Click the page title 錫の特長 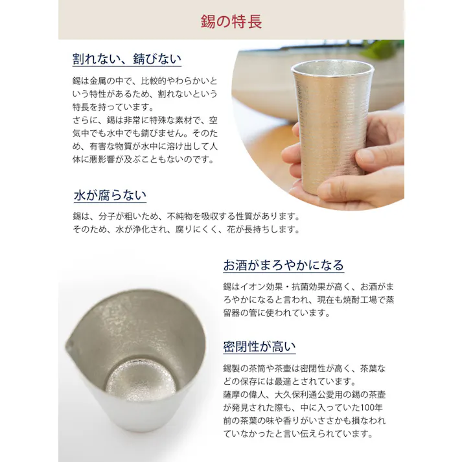tap(231, 21)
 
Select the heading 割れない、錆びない tap(126, 59)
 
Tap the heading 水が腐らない tap(110, 195)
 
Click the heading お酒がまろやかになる tap(283, 265)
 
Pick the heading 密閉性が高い tap(259, 346)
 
